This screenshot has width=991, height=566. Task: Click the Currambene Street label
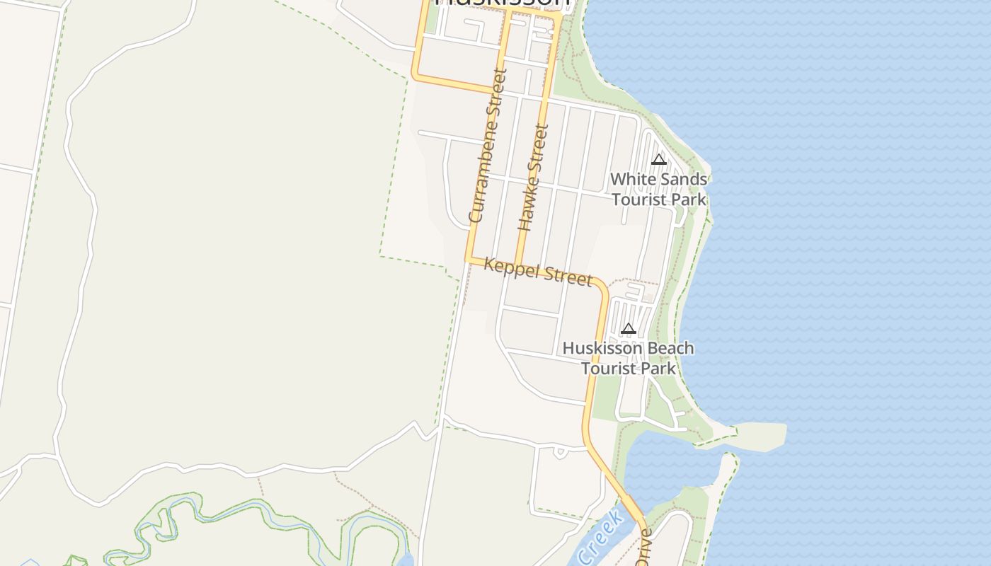(488, 145)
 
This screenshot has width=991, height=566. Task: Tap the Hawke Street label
(534, 178)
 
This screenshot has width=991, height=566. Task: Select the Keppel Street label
(538, 271)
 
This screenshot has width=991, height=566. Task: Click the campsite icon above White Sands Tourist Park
(659, 159)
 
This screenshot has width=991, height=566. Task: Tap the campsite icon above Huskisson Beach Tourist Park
(628, 329)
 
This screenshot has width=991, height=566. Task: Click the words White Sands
(658, 180)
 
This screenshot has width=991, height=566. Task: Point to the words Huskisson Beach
(628, 349)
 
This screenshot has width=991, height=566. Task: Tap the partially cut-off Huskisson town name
(502, 4)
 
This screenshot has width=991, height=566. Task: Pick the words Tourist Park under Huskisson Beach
(628, 369)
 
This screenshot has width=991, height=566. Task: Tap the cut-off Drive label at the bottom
(643, 549)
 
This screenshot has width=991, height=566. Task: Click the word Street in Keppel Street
(566, 276)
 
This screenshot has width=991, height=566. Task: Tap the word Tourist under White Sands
(640, 200)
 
